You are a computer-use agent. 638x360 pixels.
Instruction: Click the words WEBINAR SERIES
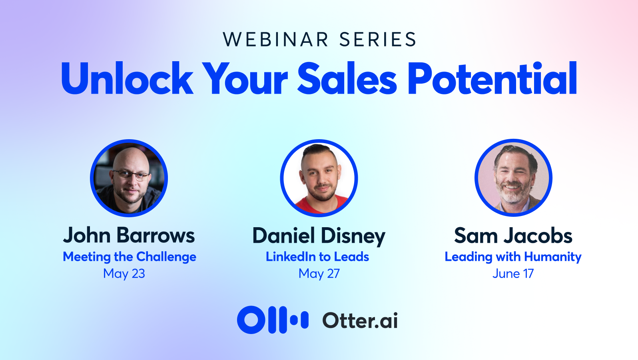[x=319, y=40]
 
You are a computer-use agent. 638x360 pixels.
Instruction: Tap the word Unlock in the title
[x=127, y=78]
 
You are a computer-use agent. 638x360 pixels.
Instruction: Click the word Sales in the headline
[x=347, y=78]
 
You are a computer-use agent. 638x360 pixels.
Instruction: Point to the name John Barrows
[x=129, y=235]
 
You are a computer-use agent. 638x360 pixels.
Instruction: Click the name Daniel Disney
[x=319, y=236]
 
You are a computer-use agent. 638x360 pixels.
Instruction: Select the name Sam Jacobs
[x=513, y=236]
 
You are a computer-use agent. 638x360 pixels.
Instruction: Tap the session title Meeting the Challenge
[x=130, y=257]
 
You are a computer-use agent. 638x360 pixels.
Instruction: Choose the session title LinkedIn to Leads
[x=317, y=257]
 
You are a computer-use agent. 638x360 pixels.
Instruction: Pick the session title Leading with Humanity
[x=513, y=257]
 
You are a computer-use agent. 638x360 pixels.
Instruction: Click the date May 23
[x=124, y=274]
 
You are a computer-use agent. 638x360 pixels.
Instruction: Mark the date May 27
[x=319, y=274]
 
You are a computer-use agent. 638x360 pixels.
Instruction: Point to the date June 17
[x=513, y=274]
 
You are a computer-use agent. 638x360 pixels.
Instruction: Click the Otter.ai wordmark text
[x=360, y=320]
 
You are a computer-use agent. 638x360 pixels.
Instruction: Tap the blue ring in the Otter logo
[x=251, y=320]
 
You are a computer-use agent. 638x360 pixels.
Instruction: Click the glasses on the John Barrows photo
[x=131, y=175]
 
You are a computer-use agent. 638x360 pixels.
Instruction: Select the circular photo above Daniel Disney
[x=319, y=178]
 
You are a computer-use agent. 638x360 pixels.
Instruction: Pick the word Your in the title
[x=245, y=78]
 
